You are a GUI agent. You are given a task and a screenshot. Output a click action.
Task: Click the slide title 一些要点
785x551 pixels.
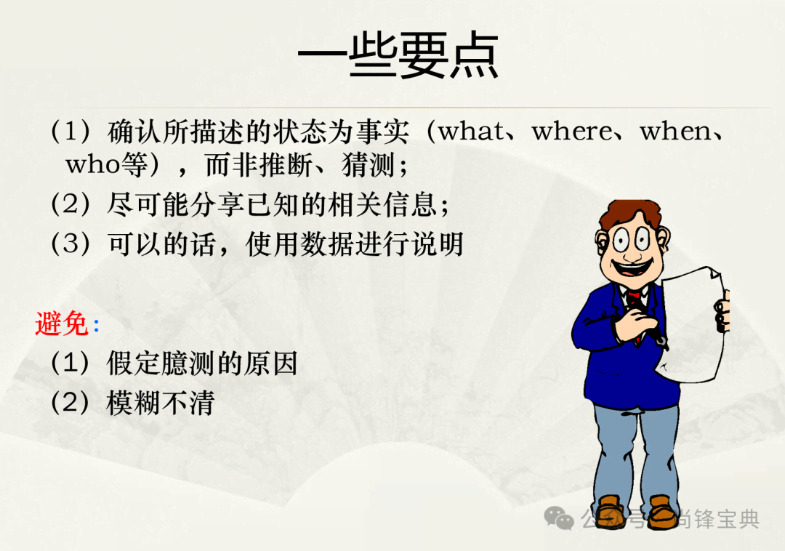(398, 55)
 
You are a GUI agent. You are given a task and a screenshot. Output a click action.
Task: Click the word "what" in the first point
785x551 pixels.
(471, 132)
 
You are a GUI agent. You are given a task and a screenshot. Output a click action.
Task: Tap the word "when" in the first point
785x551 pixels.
(675, 132)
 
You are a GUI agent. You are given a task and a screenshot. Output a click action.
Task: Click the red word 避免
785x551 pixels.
(62, 323)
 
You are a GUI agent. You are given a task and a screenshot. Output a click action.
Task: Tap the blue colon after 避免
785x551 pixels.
(96, 326)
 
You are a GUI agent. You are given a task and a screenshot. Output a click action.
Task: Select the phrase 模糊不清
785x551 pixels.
(160, 403)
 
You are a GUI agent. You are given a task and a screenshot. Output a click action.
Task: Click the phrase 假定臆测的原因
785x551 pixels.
(202, 363)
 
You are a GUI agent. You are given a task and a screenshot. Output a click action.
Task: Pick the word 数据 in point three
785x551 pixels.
(328, 244)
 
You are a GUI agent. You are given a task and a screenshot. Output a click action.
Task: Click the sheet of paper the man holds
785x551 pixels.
(693, 326)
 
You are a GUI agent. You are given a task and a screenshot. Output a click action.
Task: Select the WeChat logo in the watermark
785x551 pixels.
(559, 518)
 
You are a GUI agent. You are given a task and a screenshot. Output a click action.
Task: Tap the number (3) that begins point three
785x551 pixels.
(71, 244)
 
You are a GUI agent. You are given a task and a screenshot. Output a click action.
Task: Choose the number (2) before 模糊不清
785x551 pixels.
(71, 403)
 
